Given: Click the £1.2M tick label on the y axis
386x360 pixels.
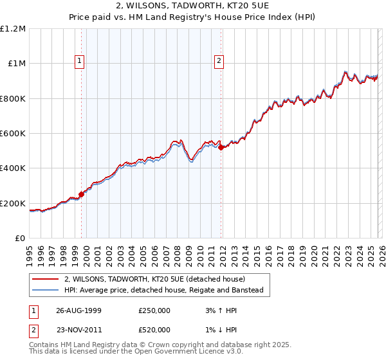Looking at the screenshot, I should (x=14, y=29).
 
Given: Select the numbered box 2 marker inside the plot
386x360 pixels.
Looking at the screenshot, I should (x=219, y=61).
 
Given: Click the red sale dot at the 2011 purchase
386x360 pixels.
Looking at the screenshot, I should (x=221, y=147).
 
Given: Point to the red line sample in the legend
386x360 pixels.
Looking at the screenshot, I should (x=45, y=280).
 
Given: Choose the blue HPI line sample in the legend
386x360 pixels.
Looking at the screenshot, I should (x=45, y=291).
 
